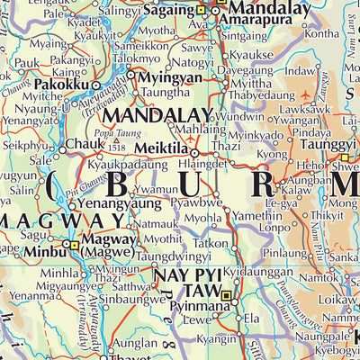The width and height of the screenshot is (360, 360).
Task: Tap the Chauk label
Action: coord(85,142)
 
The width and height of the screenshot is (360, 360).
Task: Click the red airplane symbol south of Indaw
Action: coord(311,94)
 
